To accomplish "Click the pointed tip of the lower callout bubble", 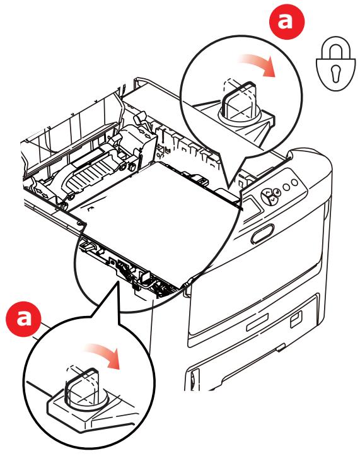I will pos(117,283).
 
